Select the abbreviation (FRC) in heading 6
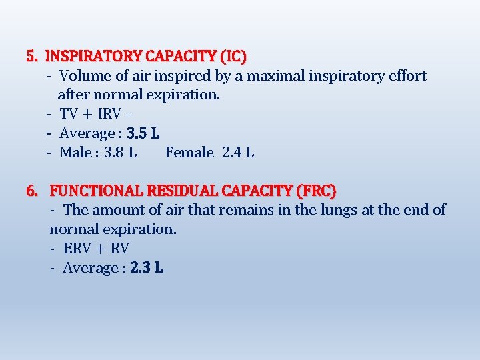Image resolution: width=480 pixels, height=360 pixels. pos(319,191)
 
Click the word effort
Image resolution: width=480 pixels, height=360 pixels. pos(405,75)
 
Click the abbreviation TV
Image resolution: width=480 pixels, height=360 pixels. pos(69,114)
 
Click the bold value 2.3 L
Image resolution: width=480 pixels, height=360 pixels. pos(147,268)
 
